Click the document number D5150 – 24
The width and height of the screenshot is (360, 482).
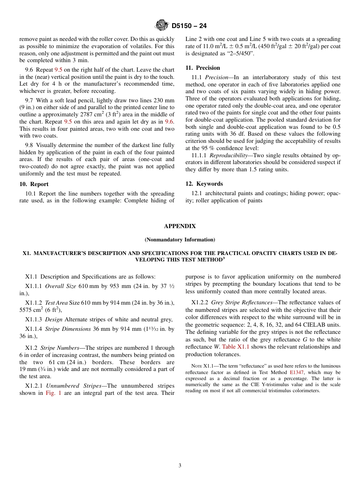(189, 26)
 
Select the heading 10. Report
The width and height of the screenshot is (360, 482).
(34, 184)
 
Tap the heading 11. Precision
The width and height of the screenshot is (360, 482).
(202, 68)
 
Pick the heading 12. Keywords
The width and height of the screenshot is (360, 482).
(204, 184)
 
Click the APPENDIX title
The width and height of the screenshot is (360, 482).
(180, 226)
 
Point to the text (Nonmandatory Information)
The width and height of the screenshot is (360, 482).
(180, 239)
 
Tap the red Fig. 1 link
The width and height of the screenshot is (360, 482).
(53, 393)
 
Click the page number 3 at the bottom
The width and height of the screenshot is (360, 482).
(180, 466)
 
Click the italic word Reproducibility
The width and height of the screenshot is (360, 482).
(227, 155)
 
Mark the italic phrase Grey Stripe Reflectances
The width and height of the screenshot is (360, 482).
(234, 302)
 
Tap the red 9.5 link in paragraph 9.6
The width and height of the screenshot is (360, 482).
(58, 70)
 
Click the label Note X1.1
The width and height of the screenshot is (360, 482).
(203, 366)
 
